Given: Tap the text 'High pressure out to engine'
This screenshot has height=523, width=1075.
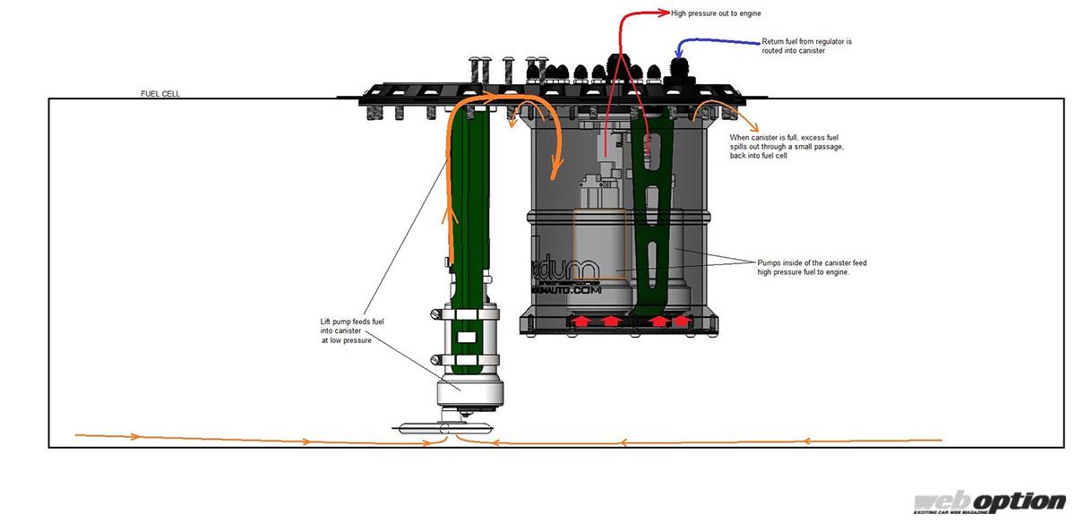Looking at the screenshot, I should pyautogui.click(x=716, y=13).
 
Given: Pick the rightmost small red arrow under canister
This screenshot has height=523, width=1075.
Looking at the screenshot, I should pyautogui.click(x=683, y=320).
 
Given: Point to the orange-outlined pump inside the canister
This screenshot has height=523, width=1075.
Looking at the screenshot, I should pyautogui.click(x=601, y=245).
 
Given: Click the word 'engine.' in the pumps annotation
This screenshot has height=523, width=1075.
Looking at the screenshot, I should pyautogui.click(x=834, y=272).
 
